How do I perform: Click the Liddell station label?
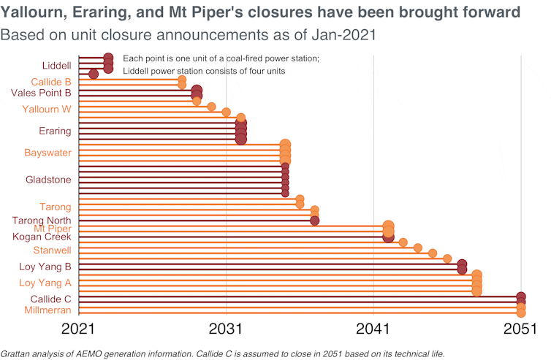pyautogui.click(x=57, y=66)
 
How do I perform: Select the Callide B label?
pyautogui.click(x=50, y=82)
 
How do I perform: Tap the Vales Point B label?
pyautogui.click(x=41, y=93)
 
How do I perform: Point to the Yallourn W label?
pyautogui.click(x=47, y=110)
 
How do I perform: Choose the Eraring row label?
pyautogui.click(x=55, y=131)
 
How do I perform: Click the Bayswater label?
pyautogui.click(x=47, y=153)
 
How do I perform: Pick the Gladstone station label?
pyautogui.click(x=48, y=180)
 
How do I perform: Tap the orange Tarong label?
pyautogui.click(x=56, y=207)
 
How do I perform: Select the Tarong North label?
pyautogui.click(x=42, y=221)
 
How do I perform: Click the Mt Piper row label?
pyautogui.click(x=53, y=229)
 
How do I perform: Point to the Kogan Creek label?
pyautogui.click(x=42, y=237)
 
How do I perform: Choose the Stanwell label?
pyautogui.click(x=53, y=250)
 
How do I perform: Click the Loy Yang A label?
pyautogui.click(x=45, y=283)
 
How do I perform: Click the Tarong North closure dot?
pyautogui.click(x=314, y=221)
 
